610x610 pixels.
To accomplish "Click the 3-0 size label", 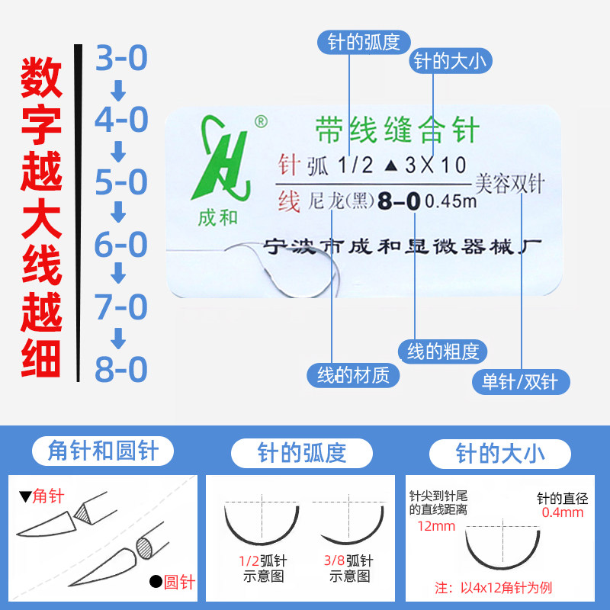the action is coord(120,59).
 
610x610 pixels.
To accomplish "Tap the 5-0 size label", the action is coord(120,183).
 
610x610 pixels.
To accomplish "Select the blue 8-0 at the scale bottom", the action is coord(120,370).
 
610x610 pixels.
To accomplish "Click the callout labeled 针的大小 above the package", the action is coord(451,62).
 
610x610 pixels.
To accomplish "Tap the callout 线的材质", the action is coord(353,374).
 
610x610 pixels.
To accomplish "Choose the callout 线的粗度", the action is coord(442,352).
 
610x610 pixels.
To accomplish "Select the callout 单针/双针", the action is coord(520,381).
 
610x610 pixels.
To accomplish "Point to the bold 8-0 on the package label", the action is coord(400,202).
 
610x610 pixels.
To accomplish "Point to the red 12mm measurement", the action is coord(432,526).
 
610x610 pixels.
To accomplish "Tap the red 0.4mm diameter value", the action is coord(562,512).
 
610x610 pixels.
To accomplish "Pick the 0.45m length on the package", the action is coord(450,203).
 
